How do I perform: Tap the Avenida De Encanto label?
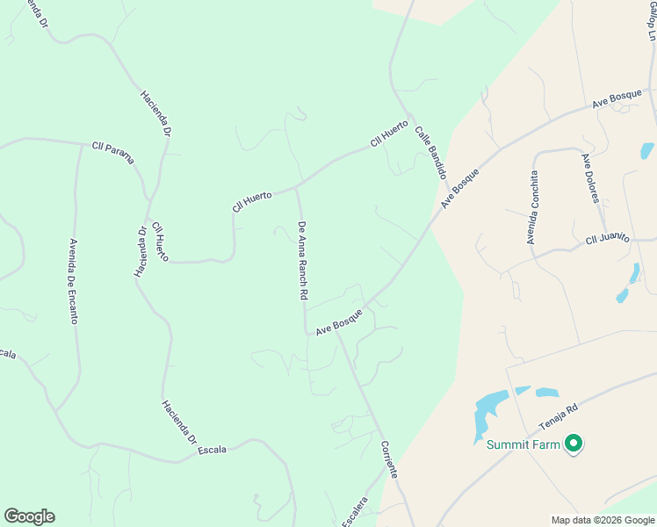coord(73,281)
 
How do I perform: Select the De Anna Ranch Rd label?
coord(302,262)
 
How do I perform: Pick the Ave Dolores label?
coord(590,177)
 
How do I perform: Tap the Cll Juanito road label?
coord(609,240)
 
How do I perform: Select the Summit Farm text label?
coord(523,444)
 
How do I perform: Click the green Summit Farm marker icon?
coord(574,444)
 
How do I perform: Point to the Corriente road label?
coord(390,459)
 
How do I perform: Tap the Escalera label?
coord(354,511)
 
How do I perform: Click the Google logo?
coord(29,516)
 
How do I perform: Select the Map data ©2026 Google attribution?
coord(603,520)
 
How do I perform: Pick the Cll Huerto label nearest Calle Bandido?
coord(389,132)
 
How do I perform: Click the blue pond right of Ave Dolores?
coord(648,150)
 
